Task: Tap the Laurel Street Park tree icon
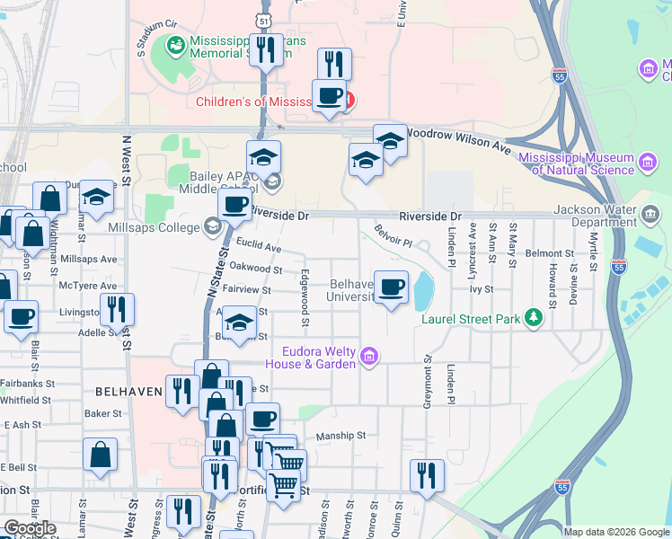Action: pyautogui.click(x=535, y=317)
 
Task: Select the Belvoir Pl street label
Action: pyautogui.click(x=393, y=236)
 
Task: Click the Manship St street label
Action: pyautogui.click(x=340, y=436)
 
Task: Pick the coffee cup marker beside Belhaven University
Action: pyautogui.click(x=391, y=287)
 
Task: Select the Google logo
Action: pyautogui.click(x=30, y=528)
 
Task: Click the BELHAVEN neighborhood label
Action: pyautogui.click(x=129, y=392)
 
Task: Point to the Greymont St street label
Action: pyautogui.click(x=426, y=382)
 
